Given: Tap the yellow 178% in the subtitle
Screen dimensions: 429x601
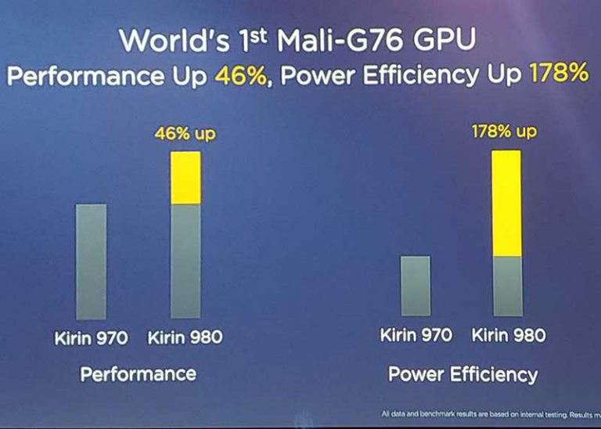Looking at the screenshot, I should pos(558,74).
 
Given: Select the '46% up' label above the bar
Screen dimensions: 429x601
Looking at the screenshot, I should pos(185,134).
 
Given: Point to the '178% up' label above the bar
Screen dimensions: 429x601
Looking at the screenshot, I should pos(505,131).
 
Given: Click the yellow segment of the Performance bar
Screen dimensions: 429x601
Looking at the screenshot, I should pos(185,178).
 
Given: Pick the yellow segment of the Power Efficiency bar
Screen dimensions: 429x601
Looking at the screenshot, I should pos(506,203).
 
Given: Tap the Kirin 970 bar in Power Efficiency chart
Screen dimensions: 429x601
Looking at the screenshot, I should pos(415,285).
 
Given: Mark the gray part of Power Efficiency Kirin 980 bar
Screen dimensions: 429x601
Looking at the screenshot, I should pos(506,286).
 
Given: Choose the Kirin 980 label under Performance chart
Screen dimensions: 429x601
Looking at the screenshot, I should pos(185,338).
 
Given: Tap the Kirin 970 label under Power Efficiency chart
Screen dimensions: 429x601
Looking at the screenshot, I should pos(416,336).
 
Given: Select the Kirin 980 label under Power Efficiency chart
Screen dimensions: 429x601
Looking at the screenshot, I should pos(509,336).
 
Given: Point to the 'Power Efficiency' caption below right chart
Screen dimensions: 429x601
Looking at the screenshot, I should pos(462,373).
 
